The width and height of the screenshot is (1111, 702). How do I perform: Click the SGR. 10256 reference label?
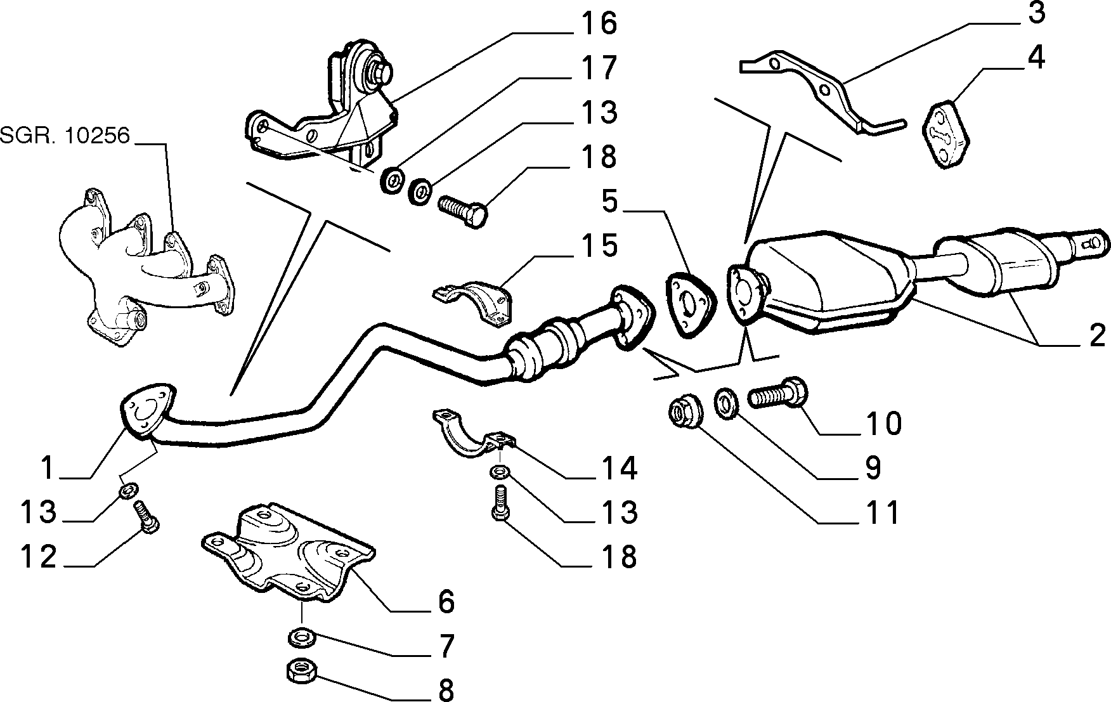65,135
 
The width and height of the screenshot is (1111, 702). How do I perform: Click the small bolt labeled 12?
146,517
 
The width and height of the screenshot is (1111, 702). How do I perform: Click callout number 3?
1036,13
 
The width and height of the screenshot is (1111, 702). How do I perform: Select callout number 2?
1097,335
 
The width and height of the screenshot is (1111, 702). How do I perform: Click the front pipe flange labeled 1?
146,409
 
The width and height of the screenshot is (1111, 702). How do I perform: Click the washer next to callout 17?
392,181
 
